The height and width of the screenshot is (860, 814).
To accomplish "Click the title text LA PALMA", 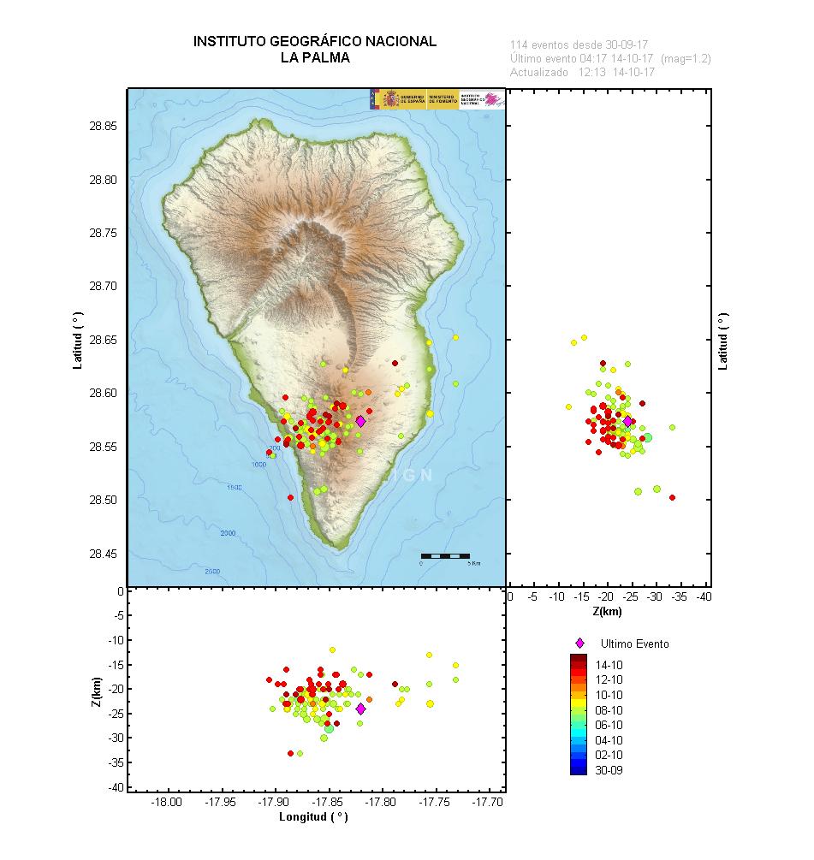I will coord(314,58).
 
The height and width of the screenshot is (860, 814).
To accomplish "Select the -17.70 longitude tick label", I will coord(490,802).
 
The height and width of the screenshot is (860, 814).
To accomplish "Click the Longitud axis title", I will coord(313,817).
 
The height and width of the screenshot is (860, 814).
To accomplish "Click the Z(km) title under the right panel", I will coord(606,612).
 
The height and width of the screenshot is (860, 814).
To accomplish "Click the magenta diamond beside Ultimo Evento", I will coord(579,643).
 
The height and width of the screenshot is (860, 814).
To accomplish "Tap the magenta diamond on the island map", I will coord(361,421).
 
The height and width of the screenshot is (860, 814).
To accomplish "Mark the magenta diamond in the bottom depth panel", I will coord(360,709).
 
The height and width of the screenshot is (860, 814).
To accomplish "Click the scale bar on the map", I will coord(445,556).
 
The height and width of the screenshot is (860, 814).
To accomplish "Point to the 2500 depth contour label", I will coord(212,571).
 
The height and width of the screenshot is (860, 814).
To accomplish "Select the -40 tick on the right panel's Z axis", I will coord(704,596).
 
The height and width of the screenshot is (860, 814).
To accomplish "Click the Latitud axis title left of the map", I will coord(79,340).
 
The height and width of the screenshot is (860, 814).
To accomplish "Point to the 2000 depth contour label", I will coord(228,533).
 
